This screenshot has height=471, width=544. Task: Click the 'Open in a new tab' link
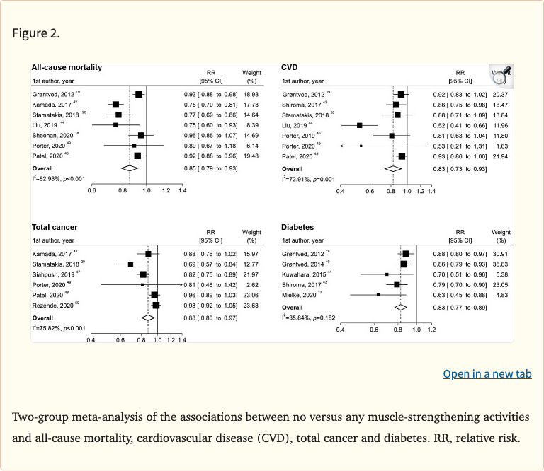[487, 373]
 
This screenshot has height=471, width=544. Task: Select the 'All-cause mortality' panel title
[67, 68]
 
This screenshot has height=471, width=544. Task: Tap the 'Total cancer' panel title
[55, 227]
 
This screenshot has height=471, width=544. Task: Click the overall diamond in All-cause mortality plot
[129, 168]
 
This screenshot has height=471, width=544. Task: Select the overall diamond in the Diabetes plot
[401, 308]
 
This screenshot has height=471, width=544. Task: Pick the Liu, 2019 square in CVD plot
[360, 124]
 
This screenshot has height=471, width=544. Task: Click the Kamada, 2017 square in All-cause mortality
[115, 104]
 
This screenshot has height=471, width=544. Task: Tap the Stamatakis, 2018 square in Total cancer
[130, 264]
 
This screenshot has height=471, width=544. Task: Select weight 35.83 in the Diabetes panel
[501, 263]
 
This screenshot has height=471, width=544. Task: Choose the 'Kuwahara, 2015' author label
[304, 274]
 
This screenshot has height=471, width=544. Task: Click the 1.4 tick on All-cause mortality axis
[182, 191]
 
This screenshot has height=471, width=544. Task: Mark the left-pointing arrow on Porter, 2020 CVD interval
[342, 145]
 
